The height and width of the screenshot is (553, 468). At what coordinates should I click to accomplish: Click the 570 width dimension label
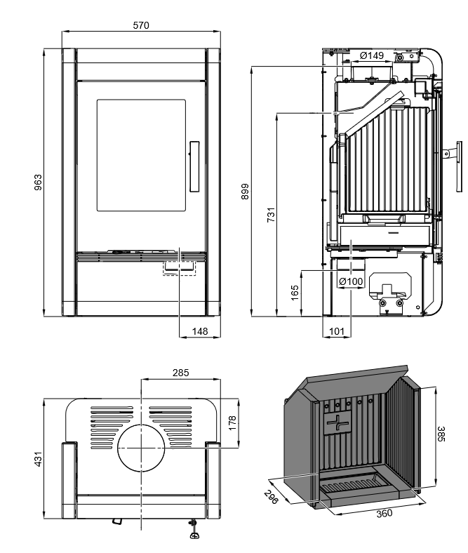[x=141, y=25]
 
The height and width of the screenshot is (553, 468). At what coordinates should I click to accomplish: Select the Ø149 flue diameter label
[x=371, y=55]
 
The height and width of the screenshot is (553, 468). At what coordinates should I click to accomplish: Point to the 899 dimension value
[x=245, y=191]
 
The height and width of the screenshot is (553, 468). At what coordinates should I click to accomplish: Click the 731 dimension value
[x=270, y=215]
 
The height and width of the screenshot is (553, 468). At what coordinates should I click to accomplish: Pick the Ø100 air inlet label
[x=351, y=281]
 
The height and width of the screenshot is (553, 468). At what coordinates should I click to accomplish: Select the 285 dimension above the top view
[x=180, y=373]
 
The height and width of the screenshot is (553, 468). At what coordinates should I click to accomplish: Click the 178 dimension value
[x=233, y=422]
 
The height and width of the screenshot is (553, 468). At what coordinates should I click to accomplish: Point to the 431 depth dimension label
[x=39, y=459]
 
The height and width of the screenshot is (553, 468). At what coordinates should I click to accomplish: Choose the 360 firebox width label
[x=384, y=513]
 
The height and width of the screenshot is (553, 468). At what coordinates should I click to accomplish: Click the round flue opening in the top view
[x=141, y=448]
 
